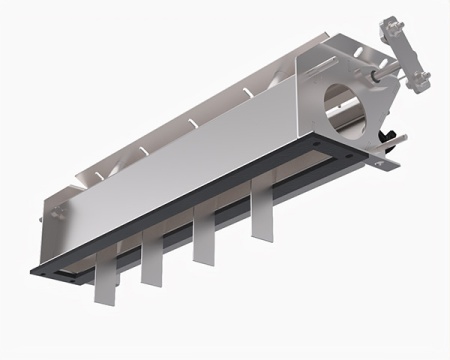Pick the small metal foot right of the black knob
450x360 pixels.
tap(395, 158)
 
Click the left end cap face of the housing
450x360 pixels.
tap(55, 225)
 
